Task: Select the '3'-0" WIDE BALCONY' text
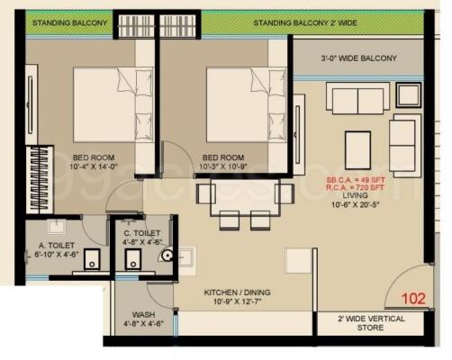click(x=359, y=58)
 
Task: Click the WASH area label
click(x=143, y=315)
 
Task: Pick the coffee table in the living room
click(x=357, y=144)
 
